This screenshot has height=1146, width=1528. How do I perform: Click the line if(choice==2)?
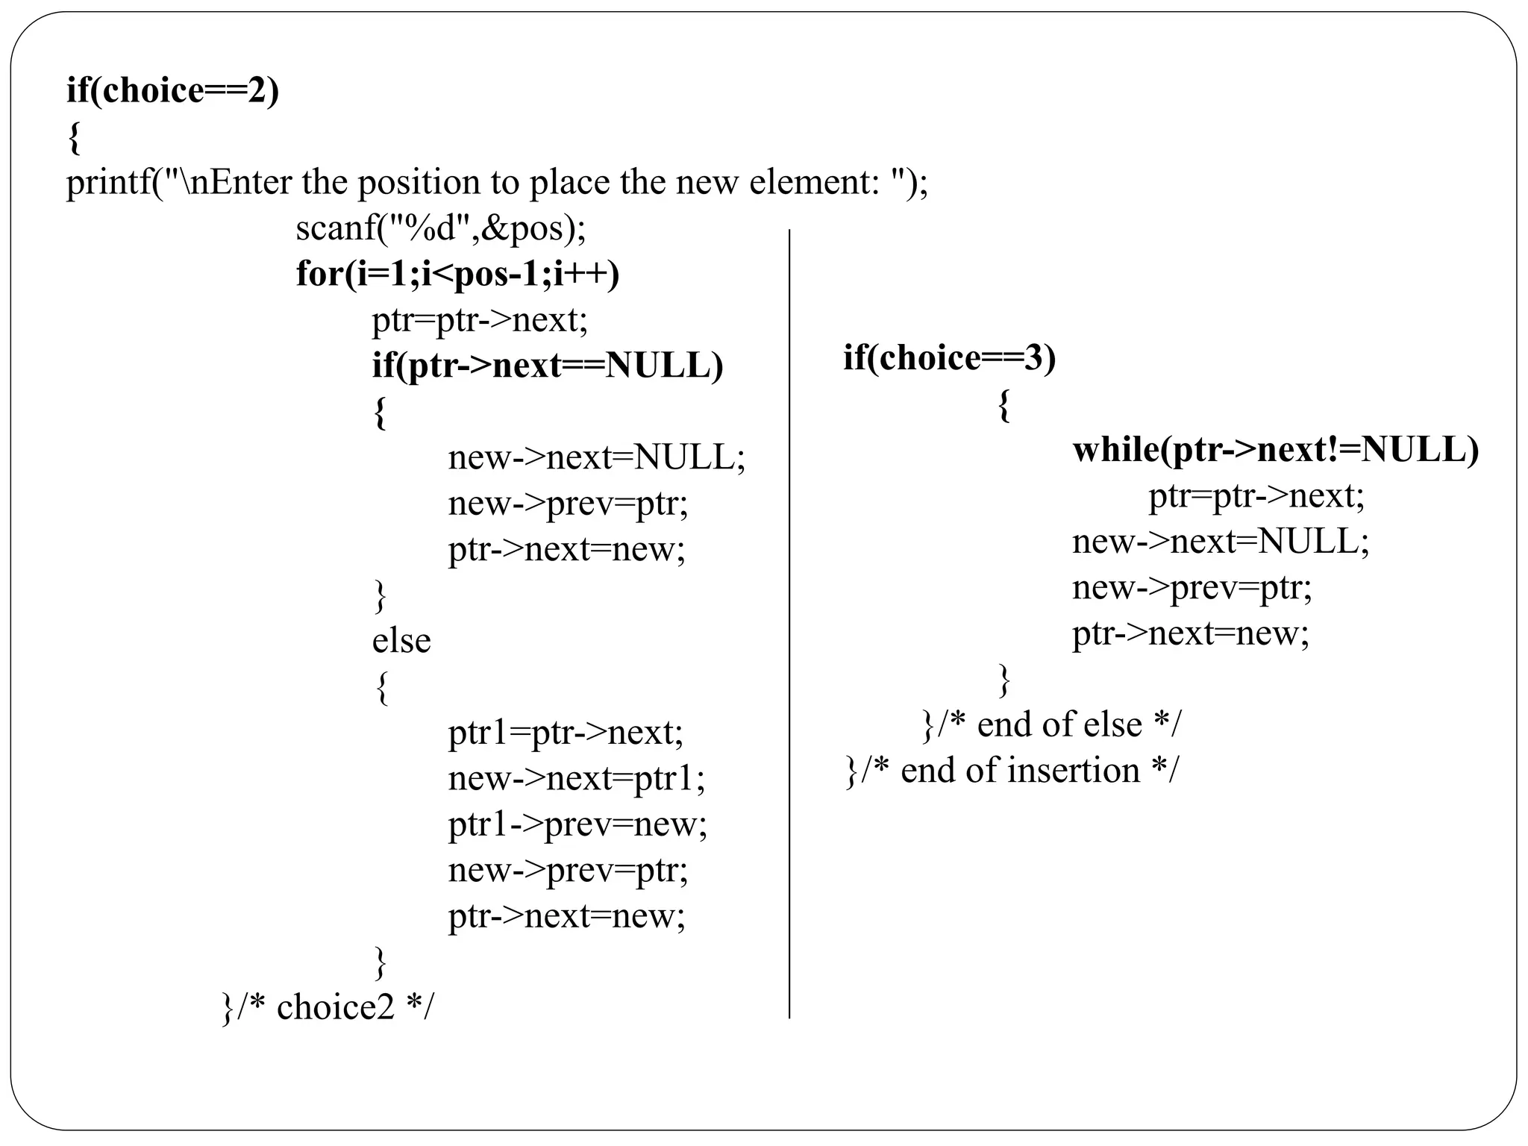point(172,91)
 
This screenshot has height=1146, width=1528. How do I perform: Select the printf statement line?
point(497,183)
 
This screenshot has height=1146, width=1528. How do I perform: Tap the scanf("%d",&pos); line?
point(441,228)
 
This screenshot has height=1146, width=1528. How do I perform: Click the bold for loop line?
point(457,274)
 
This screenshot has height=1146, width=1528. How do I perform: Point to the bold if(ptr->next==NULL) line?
point(548,366)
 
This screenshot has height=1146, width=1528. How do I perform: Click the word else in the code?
point(401,641)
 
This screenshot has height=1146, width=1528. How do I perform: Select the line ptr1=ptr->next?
point(566,733)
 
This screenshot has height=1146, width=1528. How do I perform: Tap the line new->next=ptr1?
point(576,779)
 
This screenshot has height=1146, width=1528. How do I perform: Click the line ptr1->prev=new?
point(577,824)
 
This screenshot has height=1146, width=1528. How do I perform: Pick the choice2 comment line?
point(328,1008)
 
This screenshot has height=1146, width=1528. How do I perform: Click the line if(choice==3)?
point(949,358)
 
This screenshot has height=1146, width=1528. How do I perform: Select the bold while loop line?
point(1275,450)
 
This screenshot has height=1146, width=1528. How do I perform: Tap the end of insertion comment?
point(1012,771)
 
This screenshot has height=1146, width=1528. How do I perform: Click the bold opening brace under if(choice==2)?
point(73,139)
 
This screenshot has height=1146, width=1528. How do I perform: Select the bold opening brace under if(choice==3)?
point(1004,406)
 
